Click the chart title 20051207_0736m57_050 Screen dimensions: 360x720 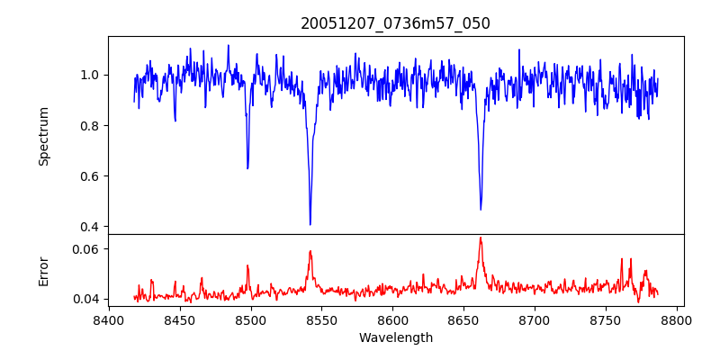(395, 23)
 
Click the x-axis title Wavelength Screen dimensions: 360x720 (395, 337)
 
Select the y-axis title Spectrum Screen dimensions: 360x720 (43, 136)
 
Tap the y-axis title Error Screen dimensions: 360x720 (43, 270)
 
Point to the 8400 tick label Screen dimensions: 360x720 (109, 319)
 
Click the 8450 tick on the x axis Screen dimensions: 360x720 (180, 319)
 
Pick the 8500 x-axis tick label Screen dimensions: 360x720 (251, 319)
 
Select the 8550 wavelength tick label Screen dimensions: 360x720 (322, 319)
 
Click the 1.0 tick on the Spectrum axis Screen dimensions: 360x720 (92, 75)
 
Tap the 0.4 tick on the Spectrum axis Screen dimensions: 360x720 (92, 226)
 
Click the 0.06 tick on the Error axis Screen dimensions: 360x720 (88, 248)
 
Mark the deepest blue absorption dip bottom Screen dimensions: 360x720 (310, 224)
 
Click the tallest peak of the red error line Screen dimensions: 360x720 (481, 238)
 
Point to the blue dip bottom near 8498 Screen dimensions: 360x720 (247, 168)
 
